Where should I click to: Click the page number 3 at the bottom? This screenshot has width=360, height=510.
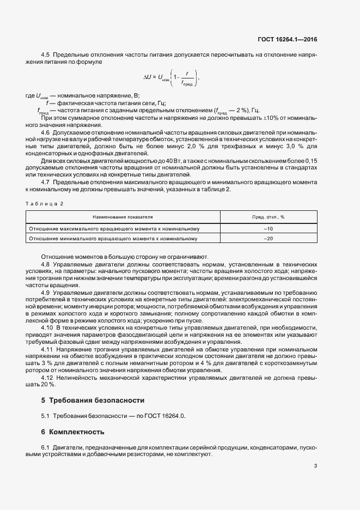315,465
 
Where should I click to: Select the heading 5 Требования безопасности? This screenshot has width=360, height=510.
93,400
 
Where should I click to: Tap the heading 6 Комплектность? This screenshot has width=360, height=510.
72,432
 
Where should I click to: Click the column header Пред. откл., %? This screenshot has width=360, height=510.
269,217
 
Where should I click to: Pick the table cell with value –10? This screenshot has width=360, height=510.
268,228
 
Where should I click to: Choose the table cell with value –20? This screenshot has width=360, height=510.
268,239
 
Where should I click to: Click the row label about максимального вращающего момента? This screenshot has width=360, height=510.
114,228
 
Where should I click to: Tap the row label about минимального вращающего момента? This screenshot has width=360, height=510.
113,239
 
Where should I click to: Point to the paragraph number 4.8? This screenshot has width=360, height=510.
46,263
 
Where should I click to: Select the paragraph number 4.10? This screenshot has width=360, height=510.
47,327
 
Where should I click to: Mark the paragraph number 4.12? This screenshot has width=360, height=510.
47,377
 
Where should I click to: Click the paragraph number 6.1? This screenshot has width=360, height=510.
46,447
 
